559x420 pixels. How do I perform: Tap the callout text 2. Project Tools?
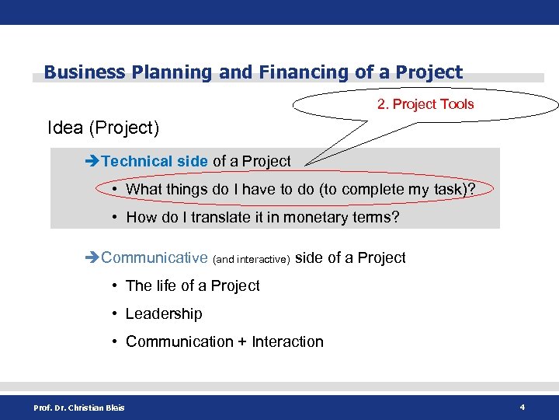[425, 104]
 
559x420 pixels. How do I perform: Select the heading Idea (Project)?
[103, 127]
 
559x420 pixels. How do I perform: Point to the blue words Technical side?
[155, 161]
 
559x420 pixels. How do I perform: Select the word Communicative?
[155, 257]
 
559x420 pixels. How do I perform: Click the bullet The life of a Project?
[193, 285]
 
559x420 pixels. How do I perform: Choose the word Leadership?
[164, 313]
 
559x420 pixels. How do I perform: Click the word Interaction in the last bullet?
[288, 341]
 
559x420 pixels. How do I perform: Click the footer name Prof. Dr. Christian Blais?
[78, 407]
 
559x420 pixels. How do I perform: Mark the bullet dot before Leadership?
[114, 314]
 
